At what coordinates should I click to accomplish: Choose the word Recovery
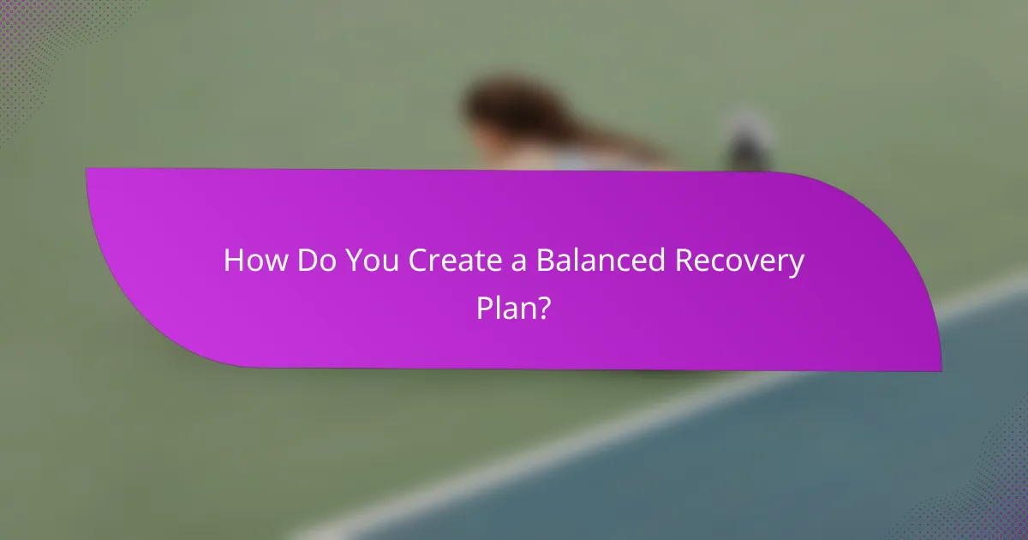tap(739, 262)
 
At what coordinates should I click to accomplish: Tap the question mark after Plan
tap(542, 306)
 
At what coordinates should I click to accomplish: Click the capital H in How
tap(233, 261)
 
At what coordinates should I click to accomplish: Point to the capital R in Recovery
tap(684, 261)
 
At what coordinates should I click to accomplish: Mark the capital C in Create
tap(417, 261)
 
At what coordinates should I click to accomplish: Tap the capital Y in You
tap(355, 261)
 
